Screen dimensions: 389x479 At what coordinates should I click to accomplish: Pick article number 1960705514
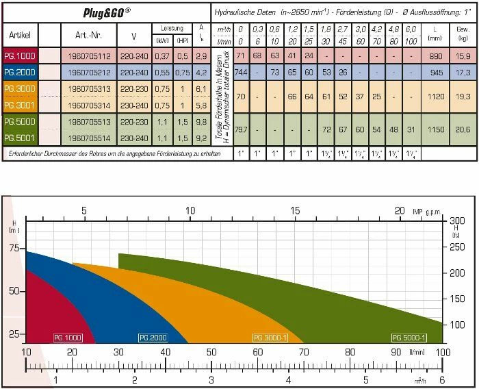click(86, 137)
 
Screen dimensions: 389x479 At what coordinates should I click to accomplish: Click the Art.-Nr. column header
click(86, 33)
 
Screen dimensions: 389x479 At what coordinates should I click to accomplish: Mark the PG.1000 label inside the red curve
click(68, 338)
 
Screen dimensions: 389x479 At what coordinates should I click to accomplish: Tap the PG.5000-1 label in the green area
click(409, 338)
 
